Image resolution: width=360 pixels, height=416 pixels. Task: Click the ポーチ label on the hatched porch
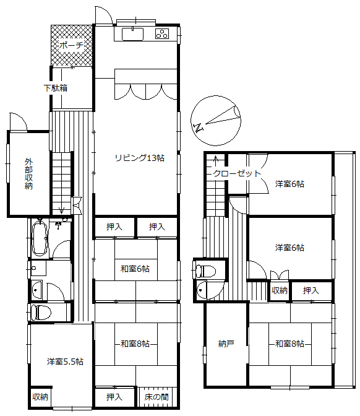click(x=71, y=45)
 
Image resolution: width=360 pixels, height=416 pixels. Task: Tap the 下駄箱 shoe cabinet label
click(x=56, y=88)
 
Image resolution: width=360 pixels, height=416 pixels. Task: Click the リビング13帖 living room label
click(x=139, y=157)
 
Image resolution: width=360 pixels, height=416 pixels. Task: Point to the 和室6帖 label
click(x=135, y=269)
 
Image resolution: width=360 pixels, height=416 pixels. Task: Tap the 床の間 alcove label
click(x=156, y=396)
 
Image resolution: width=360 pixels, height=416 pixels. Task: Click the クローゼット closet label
click(x=238, y=173)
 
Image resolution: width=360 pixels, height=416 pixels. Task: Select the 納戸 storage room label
click(x=226, y=344)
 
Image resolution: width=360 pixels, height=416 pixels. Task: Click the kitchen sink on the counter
click(x=133, y=33)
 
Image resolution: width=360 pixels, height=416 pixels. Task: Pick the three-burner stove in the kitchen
click(x=162, y=34)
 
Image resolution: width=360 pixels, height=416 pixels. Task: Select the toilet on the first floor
click(x=41, y=311)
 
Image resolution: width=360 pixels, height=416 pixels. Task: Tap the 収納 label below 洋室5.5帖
click(x=40, y=396)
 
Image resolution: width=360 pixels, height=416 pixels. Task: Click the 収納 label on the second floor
click(x=279, y=290)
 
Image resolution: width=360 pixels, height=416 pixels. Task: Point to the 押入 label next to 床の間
click(x=114, y=396)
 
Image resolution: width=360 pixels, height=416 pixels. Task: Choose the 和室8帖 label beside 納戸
click(x=289, y=344)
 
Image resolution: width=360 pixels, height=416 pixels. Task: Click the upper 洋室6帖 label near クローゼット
click(x=289, y=184)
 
